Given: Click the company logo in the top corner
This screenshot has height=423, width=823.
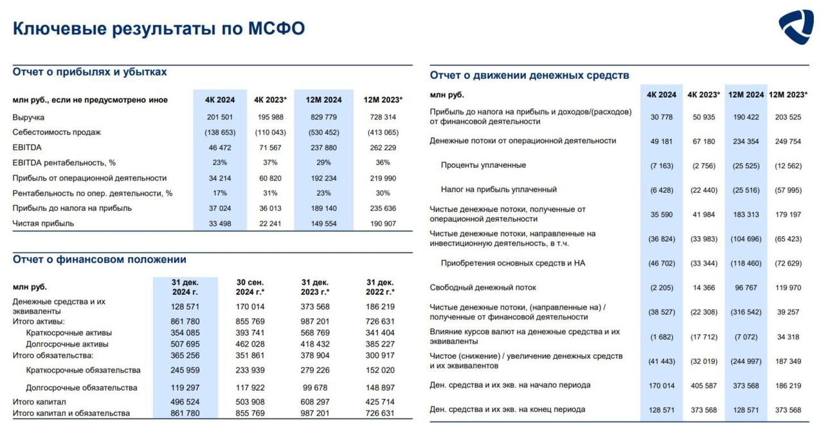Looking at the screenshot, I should [x=796, y=26].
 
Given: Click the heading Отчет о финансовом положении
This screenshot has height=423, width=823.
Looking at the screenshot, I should [x=100, y=260].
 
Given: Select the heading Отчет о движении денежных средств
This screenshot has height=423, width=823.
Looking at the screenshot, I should [x=529, y=75].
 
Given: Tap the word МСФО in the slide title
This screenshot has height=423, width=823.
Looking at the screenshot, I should [x=276, y=28].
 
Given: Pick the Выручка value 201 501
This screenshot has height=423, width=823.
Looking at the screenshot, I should [x=220, y=118].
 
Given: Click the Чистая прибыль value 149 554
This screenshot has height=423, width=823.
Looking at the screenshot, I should [x=323, y=224].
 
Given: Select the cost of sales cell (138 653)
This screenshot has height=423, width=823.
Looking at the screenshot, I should [x=220, y=132].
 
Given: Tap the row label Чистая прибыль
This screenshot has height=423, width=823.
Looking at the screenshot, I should [x=43, y=224].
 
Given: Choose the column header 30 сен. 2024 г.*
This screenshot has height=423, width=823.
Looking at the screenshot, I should [x=250, y=287].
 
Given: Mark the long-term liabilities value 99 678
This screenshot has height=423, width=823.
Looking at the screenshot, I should [x=315, y=388].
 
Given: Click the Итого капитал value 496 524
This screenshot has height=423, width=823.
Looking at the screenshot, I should [x=185, y=402].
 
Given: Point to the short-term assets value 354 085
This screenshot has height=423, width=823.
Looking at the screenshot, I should [x=185, y=333].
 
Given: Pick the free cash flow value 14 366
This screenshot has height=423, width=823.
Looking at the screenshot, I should [x=704, y=287].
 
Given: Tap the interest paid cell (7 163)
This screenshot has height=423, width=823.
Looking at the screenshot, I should [x=662, y=166].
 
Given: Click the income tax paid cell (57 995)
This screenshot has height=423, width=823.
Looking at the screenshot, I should [x=788, y=190].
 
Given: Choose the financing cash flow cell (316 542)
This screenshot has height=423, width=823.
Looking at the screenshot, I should [x=746, y=312].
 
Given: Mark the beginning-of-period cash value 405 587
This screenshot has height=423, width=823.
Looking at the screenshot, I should [x=704, y=385].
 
